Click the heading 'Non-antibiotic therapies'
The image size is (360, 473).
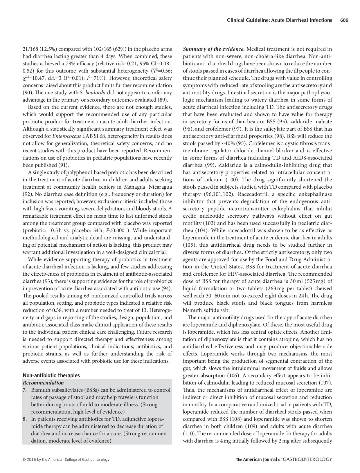51,375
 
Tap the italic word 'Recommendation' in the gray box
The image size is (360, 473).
43,382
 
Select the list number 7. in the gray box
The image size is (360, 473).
25,390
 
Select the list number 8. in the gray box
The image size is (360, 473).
25,419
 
